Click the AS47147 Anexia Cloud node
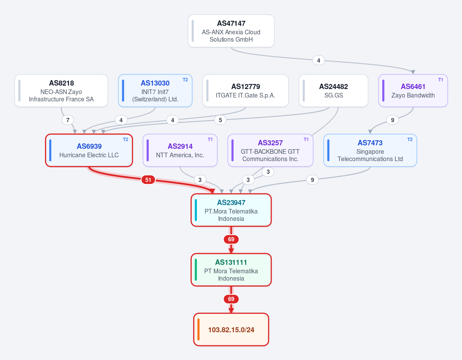[x=231, y=31]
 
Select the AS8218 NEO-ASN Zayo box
[x=61, y=91]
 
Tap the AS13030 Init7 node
[x=155, y=91]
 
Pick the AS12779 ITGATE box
[x=245, y=91]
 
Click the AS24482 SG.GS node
[x=334, y=91]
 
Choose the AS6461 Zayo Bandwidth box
[x=413, y=91]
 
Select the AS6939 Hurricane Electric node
[x=89, y=150]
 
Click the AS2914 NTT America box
[x=180, y=150]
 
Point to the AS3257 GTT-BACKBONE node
[x=270, y=150]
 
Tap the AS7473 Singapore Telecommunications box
[x=370, y=150]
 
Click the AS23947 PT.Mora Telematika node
[x=231, y=210]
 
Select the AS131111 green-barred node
[x=231, y=270]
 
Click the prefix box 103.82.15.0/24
[x=231, y=329]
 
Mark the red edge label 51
[x=148, y=180]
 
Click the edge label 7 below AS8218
[x=68, y=120]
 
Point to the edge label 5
[x=220, y=120]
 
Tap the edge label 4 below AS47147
[x=319, y=61]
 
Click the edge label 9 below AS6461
[x=393, y=120]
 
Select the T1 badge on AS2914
[x=210, y=140]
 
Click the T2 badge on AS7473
[x=410, y=140]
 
